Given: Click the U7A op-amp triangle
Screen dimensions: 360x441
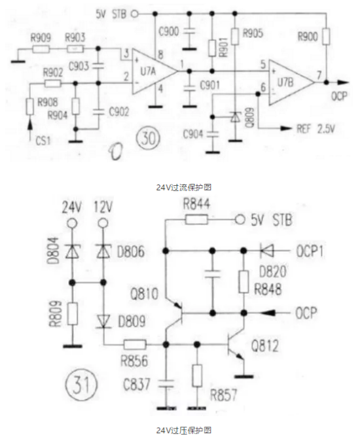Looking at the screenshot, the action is point(154,71).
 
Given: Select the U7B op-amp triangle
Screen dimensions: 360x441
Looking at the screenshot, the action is point(291,82).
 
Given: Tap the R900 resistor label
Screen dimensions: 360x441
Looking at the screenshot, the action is point(308,36).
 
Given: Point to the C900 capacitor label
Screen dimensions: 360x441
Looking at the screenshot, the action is point(168,31).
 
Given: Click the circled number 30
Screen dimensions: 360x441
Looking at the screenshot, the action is point(148,138).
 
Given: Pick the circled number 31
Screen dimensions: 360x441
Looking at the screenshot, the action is point(81,385).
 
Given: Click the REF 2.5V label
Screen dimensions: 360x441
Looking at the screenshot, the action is point(315,129).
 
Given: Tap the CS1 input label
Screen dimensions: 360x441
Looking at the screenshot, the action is point(43,140).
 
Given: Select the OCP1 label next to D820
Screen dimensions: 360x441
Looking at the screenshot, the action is point(310,251).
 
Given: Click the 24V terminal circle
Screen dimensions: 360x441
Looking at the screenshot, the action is point(72,224).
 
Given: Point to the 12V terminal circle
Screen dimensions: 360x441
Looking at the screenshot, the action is point(103,224).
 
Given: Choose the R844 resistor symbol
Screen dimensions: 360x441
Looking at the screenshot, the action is point(196,219).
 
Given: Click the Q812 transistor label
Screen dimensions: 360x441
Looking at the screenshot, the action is point(264,346).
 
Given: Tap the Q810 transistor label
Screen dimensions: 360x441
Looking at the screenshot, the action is point(144,294).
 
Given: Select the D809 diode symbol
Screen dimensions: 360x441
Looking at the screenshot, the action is point(103,321).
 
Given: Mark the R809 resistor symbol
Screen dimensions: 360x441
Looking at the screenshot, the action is point(72,314).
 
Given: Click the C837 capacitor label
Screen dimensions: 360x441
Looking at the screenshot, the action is point(137,384).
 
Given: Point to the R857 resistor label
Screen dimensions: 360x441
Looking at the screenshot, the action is point(224,395).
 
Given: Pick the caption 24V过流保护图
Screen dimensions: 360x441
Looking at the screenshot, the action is point(184,187).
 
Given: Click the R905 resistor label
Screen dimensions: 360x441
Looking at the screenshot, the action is point(253,33).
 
